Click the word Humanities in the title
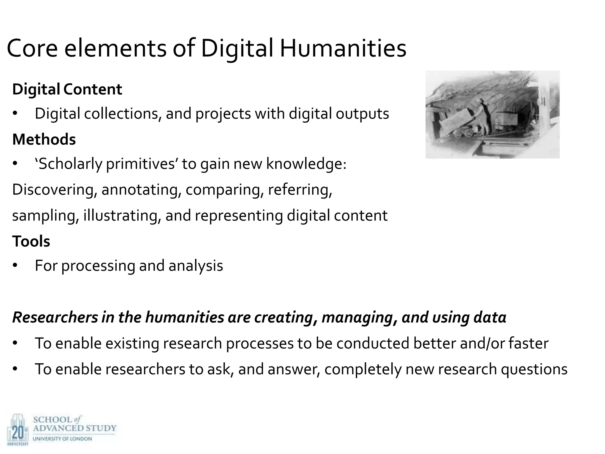tap(343, 48)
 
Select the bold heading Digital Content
tap(67, 89)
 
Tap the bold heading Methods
tap(44, 139)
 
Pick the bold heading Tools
tap(31, 241)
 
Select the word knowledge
tap(306, 164)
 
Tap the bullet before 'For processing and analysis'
tap(15, 266)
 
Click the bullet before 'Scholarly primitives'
tap(15, 164)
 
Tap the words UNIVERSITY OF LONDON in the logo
tap(62, 439)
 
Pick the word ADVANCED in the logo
tap(58, 428)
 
